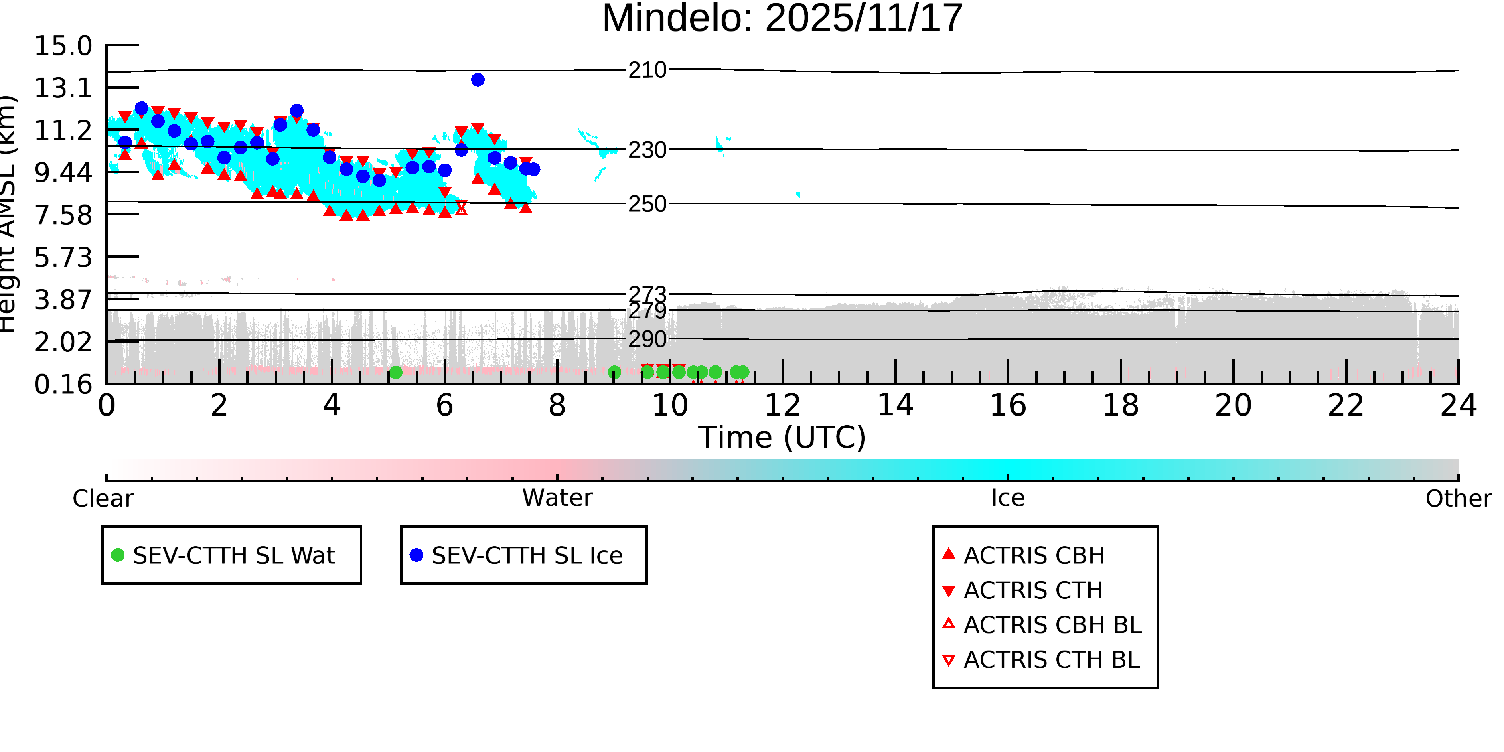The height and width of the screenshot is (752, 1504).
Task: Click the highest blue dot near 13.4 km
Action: [x=478, y=80]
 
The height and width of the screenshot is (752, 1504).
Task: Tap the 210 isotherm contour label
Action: [x=647, y=70]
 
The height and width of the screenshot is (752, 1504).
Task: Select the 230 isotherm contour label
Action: [x=647, y=150]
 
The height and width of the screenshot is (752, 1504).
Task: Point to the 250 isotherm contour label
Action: [x=647, y=204]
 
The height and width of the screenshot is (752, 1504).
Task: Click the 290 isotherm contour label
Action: [x=647, y=339]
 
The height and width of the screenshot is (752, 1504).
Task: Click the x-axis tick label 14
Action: [x=895, y=405]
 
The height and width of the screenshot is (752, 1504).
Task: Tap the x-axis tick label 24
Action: [x=1458, y=405]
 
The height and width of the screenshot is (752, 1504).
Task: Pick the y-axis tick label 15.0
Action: [x=63, y=46]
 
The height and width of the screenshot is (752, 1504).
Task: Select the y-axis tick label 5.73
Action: [x=63, y=257]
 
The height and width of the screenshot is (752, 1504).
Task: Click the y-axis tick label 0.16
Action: [x=63, y=384]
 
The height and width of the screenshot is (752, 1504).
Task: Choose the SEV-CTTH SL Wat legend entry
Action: [x=233, y=555]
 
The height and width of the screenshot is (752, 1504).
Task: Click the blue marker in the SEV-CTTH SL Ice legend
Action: [x=416, y=555]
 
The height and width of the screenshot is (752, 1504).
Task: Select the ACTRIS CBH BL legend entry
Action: [x=1052, y=625]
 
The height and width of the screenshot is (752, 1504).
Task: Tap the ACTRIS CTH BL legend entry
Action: [x=1051, y=660]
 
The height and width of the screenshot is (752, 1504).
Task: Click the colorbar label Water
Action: [x=557, y=498]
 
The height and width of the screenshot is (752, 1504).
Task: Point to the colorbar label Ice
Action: [x=1008, y=498]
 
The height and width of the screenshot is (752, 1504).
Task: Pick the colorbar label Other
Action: [x=1458, y=498]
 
